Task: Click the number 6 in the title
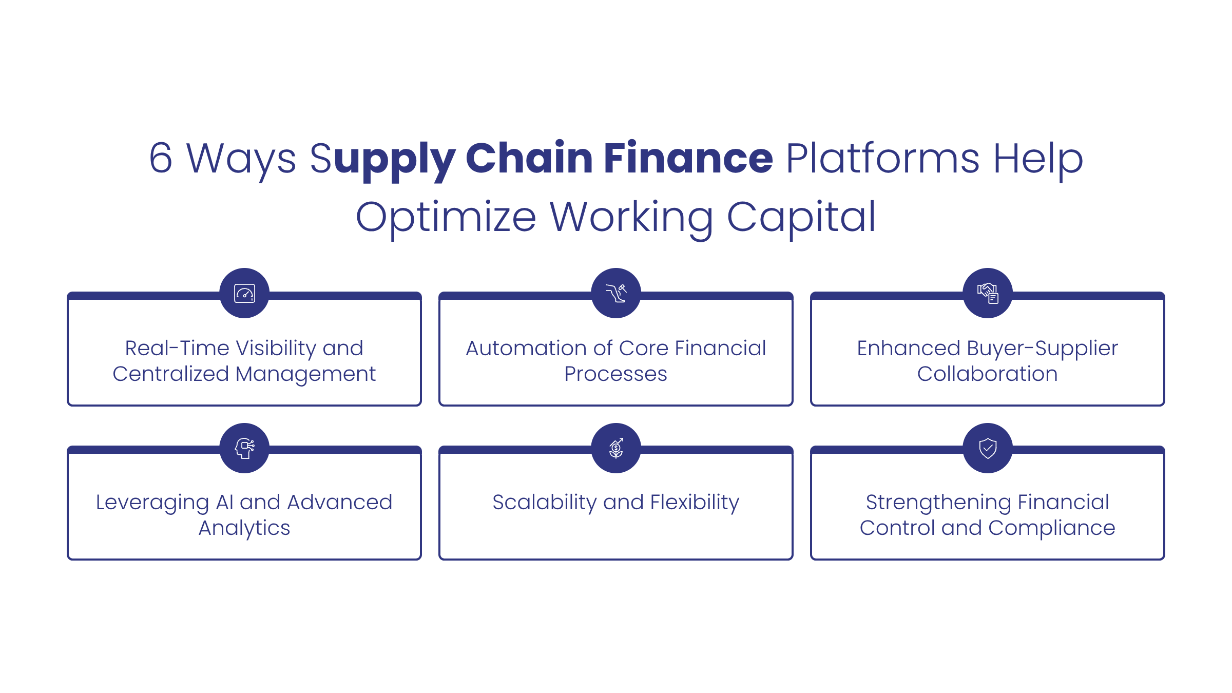point(161,158)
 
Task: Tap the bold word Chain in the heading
point(529,158)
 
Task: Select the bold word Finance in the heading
point(688,158)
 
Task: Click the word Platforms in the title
point(883,158)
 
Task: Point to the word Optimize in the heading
point(446,218)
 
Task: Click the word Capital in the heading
point(801,218)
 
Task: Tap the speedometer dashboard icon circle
point(244,293)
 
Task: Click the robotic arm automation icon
point(616,293)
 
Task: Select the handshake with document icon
point(988,293)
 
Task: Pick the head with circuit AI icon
point(244,448)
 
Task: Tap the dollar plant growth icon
point(616,448)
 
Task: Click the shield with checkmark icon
point(988,448)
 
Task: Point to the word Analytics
point(244,528)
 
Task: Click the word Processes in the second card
point(616,374)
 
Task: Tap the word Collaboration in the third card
point(988,374)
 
